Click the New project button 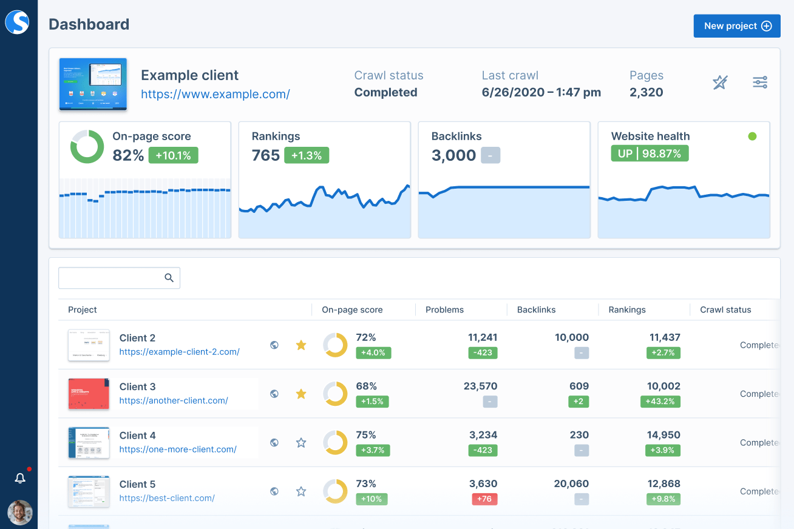736,26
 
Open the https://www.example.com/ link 215,94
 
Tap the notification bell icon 20,479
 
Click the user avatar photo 20,513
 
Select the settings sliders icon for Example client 760,82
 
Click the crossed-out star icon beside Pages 720,82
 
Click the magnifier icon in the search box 169,278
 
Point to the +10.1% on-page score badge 173,155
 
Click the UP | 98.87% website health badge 650,153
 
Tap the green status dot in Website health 752,136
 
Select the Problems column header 444,309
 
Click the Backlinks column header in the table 536,309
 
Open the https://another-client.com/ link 174,400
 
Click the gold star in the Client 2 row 300,345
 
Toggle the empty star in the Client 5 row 300,491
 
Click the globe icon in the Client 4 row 274,443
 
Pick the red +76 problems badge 484,499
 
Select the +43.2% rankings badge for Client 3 660,401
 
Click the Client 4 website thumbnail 89,443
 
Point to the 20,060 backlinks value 571,484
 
